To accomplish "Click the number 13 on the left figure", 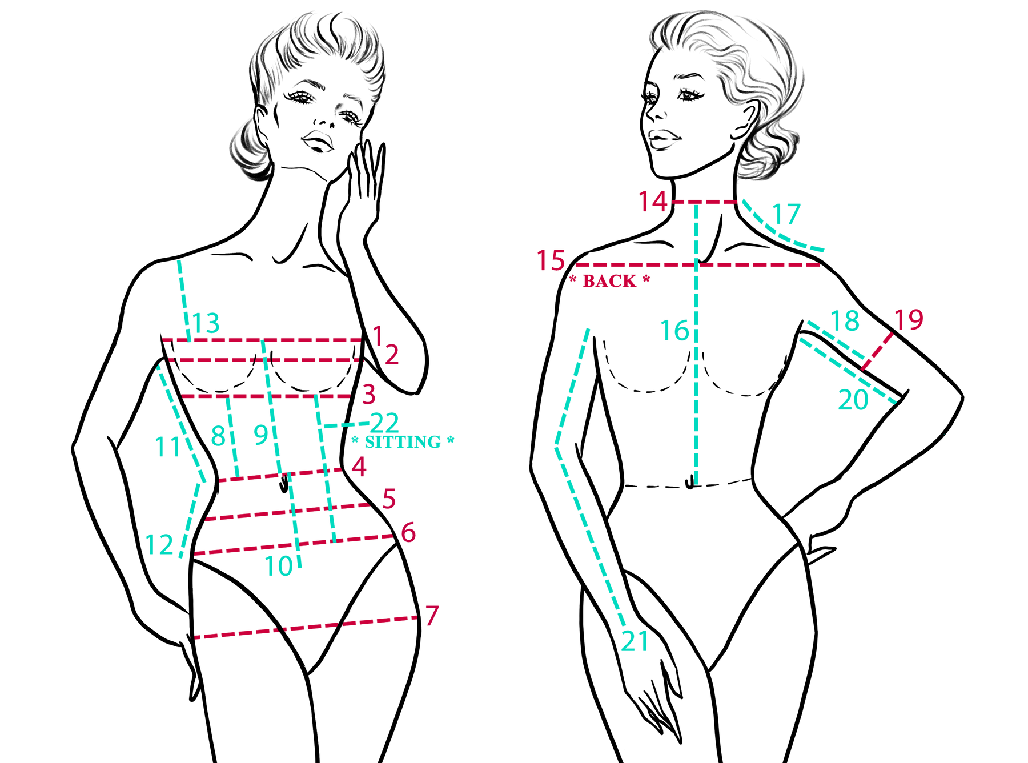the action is (x=206, y=323).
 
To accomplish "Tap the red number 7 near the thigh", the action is (x=432, y=616).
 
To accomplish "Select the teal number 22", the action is (x=384, y=423).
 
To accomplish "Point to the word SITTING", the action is (x=403, y=442).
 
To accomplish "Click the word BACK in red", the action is (x=609, y=281).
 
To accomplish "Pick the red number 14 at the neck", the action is (x=653, y=202).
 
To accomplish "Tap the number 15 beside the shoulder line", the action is (x=551, y=261).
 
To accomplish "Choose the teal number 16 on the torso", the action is (x=675, y=331).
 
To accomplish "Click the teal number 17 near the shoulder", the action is (x=786, y=215).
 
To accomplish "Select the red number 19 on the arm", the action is (x=909, y=320).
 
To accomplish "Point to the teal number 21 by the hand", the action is (x=635, y=641).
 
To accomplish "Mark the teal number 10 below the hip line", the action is (x=279, y=567).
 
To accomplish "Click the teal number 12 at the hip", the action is (x=159, y=545).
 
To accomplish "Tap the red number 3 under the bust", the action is (x=369, y=395).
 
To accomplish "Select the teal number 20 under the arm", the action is (x=853, y=400).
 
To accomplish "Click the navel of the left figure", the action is (x=284, y=486).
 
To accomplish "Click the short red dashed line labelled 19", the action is (x=877, y=351).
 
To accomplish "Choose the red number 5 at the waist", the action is (x=389, y=499).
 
